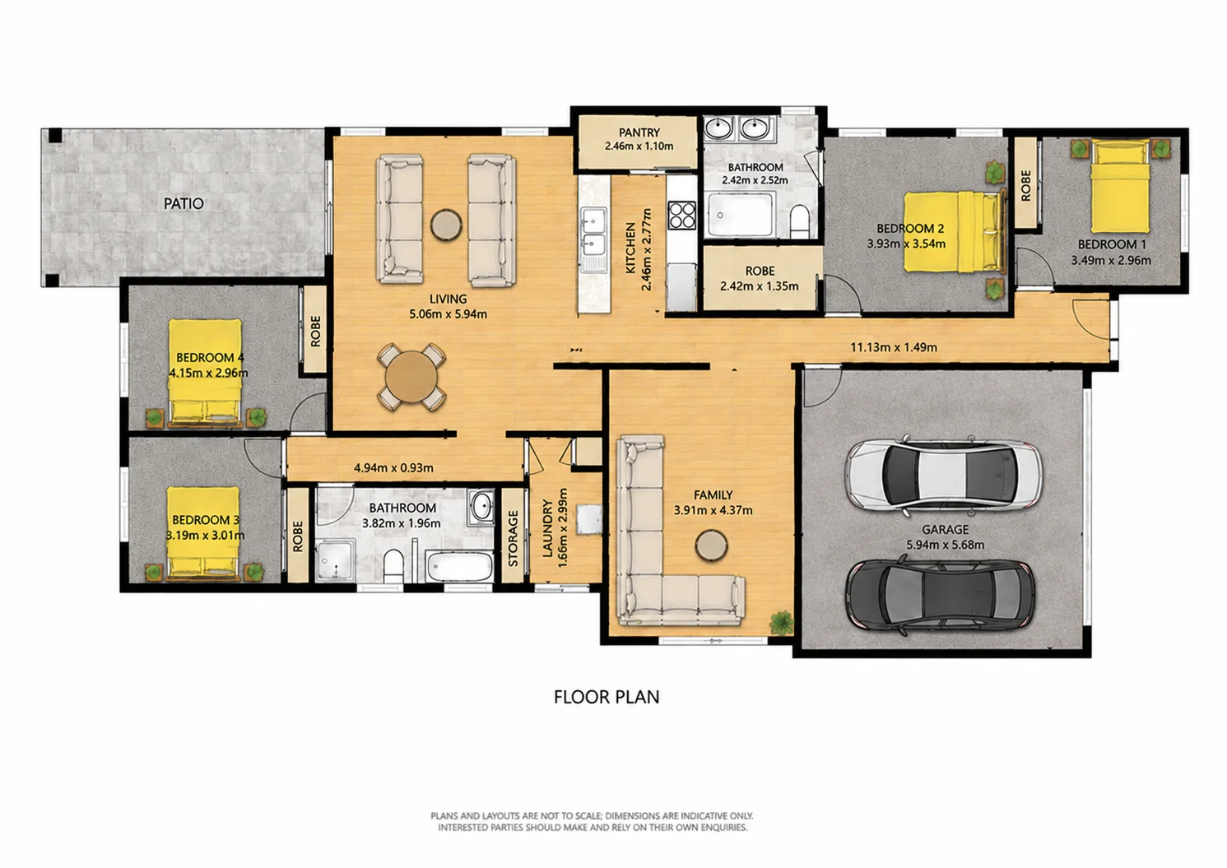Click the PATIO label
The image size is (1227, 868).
coord(184,204)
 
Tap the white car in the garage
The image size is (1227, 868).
coord(943,476)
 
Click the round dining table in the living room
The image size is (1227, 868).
coord(411,377)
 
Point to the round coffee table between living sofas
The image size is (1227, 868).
coord(446,225)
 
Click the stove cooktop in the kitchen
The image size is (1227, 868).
coord(682,216)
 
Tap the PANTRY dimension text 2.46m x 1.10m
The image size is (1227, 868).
coord(639,146)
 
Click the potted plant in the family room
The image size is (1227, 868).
coord(782,623)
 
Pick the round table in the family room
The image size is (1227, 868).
coord(712,545)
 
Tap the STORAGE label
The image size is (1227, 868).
coord(514,538)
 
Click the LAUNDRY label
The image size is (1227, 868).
coord(546,528)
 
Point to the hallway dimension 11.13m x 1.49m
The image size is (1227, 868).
coord(894,347)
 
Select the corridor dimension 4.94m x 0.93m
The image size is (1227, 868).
coord(393,468)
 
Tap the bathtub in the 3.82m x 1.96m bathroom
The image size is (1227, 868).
coord(459,568)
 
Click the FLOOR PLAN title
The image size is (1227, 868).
coord(607,697)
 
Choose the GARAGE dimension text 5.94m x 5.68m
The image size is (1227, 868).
coord(946,545)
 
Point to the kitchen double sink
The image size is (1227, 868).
coord(594,240)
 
